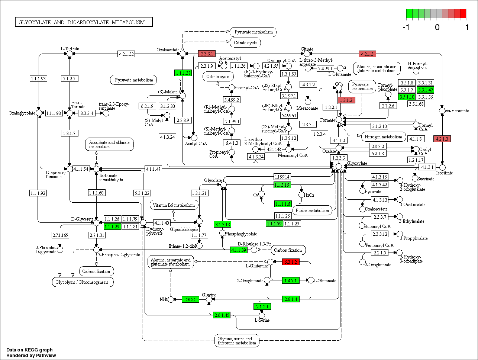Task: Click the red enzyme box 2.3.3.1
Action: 207,54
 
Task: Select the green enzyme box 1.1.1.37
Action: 183,73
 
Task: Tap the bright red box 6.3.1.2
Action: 291,262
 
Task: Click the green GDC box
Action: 190,299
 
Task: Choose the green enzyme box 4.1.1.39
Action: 239,250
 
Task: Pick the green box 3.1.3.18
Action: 222,224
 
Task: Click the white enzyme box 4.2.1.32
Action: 126,54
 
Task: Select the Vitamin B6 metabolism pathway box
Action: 174,205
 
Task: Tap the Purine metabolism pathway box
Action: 312,210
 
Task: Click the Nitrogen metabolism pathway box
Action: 383,136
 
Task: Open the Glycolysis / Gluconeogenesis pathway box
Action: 82,282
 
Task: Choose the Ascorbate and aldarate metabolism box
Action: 109,144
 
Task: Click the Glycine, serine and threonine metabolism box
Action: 237,341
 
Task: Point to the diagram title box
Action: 84,22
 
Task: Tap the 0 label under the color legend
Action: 437,27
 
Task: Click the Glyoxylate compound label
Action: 357,163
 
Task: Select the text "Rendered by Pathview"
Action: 31,355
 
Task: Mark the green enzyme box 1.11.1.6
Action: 282,203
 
